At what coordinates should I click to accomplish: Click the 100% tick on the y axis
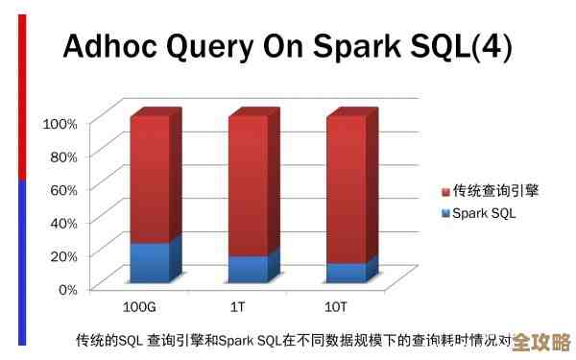point(60,123)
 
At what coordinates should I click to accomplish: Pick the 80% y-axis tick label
point(62,156)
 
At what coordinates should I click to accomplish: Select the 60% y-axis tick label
point(62,189)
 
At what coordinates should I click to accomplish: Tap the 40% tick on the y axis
point(62,223)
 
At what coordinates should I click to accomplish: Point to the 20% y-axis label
point(62,255)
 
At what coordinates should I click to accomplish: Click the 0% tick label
point(65,288)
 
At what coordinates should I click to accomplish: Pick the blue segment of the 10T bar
point(347,273)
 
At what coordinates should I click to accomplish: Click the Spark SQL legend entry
point(484,213)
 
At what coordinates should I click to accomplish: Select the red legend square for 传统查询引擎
point(445,191)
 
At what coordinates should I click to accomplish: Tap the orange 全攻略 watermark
point(541,343)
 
